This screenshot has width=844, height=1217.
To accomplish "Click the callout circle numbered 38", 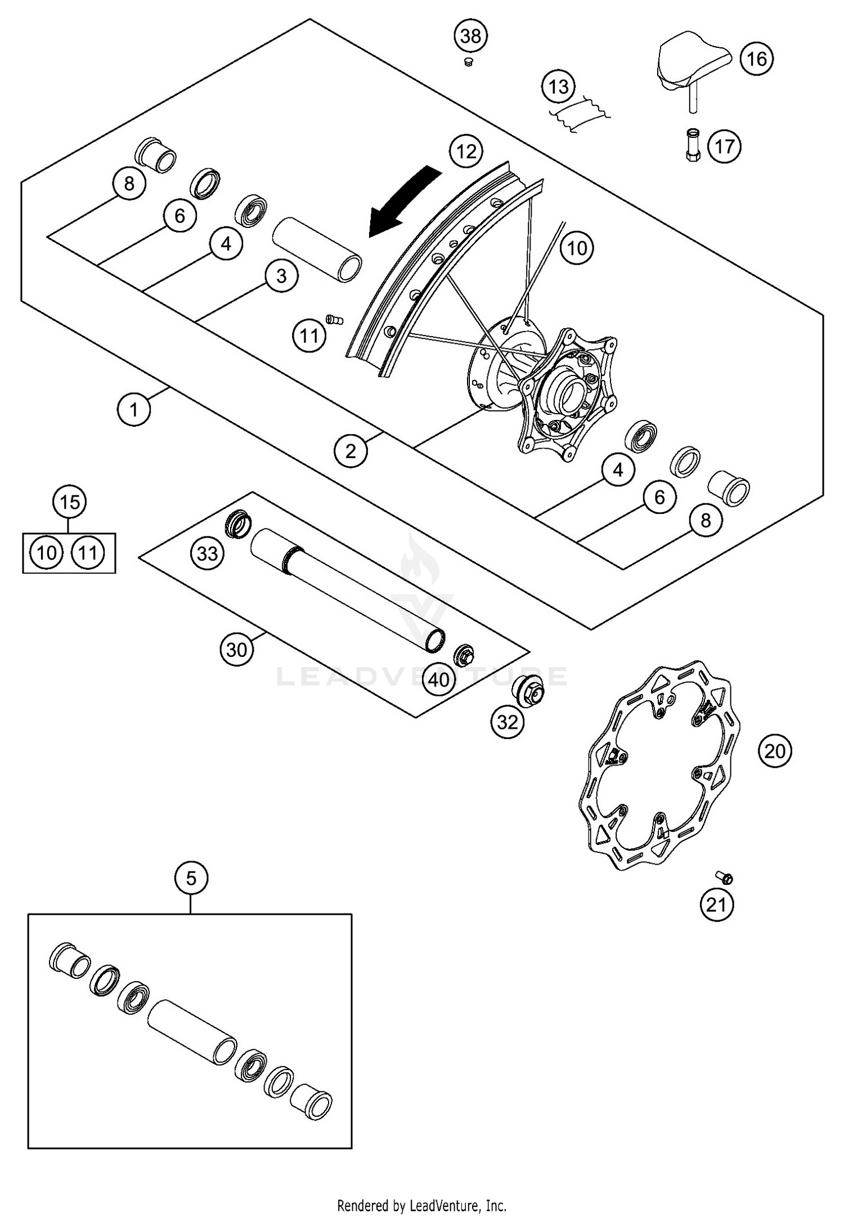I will coord(470,36).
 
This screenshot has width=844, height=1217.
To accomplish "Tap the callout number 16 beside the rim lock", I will coord(757,59).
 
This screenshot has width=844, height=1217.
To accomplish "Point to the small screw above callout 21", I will coord(725,878).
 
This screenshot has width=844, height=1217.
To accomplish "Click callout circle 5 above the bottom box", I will coord(191,878).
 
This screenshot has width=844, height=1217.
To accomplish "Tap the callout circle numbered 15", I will coord(69,502).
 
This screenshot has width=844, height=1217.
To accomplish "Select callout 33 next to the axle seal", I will coord(207,553).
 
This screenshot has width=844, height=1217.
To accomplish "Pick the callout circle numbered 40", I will coord(439,679).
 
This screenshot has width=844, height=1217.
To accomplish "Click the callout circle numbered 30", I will coord(236,650).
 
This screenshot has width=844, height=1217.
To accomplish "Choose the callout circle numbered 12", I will coord(466,151).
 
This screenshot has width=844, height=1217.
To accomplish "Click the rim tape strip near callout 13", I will coord(580,115).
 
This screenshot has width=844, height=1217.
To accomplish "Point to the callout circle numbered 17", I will coord(724,146).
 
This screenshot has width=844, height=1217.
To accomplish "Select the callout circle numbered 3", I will coord(281,276).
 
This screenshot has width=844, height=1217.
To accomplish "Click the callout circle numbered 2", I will coord(351,451).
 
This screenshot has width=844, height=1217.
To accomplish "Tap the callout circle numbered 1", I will coord(134,409).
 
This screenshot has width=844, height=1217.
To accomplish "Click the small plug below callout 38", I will coord(467,62).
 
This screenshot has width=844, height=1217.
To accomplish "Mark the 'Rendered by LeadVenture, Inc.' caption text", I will coord(421,1205).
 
